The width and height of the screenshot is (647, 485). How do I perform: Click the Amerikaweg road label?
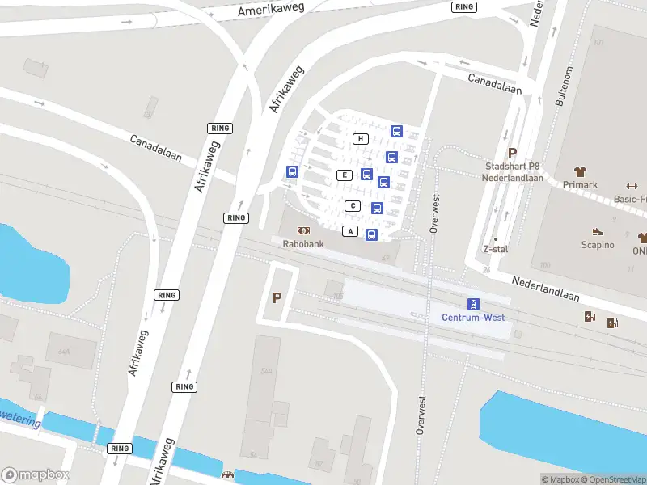pos(270,10)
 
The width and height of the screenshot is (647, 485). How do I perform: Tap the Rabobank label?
pos(302,243)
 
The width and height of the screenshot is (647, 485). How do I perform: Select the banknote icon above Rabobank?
pos(303,230)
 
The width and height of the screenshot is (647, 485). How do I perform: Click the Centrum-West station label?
pos(473,318)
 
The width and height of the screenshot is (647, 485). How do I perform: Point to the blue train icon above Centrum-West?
pos(473,304)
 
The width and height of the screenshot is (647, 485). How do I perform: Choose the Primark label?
pos(580,185)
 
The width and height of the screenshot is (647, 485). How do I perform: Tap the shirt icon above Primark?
pos(580,171)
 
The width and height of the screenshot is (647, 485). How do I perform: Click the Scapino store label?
pos(598,245)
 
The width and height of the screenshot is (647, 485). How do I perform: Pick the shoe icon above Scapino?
pos(598,232)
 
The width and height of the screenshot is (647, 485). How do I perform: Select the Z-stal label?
pos(495,249)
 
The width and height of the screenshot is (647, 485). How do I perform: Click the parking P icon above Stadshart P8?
pos(511,153)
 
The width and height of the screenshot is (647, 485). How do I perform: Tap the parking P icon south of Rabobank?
pos(277,298)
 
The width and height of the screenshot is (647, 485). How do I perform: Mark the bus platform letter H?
pos(361,139)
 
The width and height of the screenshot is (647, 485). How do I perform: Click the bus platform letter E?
pos(345,175)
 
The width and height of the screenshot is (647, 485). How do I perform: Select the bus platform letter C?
pos(352,205)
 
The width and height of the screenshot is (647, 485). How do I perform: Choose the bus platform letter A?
pos(350,231)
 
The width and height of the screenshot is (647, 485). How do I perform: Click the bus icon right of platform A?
pos(371,234)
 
